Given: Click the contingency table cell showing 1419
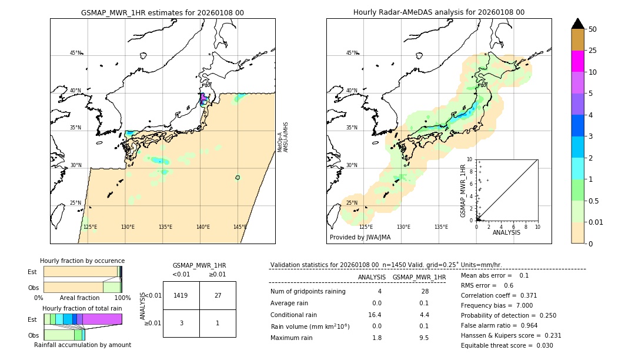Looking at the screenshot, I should tap(181, 295).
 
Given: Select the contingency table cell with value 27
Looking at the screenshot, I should tap(218, 295).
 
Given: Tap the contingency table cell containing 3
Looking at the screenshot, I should tap(181, 323).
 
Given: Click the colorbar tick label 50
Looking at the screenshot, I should tap(593, 29).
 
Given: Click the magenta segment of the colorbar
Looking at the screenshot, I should tap(577, 61).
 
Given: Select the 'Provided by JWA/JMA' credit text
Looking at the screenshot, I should tap(360, 238).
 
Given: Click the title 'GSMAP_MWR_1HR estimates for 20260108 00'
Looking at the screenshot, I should tap(162, 12).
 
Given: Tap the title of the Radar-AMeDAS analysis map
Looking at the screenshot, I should tap(439, 12).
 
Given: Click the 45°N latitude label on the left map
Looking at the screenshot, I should tap(76, 53).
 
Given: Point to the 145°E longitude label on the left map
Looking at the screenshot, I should tap(240, 227).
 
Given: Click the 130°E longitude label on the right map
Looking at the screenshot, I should tap(403, 227).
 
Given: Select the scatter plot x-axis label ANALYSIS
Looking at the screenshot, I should tap(506, 232).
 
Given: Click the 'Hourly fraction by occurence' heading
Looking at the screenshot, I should tap(82, 261).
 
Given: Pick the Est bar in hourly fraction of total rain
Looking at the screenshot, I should tap(82, 319).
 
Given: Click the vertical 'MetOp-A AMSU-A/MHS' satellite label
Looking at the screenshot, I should tap(283, 137).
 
